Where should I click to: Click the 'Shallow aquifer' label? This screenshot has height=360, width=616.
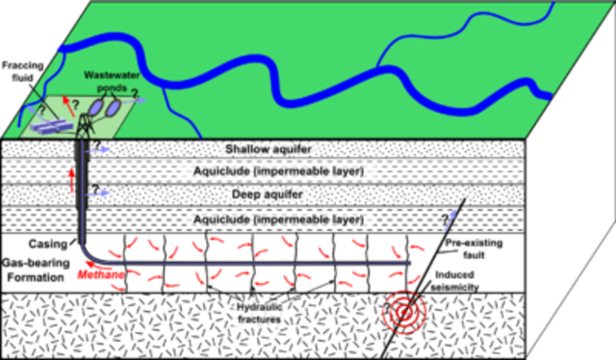269,149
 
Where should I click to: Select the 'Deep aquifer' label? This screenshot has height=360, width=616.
269,193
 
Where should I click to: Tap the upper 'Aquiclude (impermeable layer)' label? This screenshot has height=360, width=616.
277,170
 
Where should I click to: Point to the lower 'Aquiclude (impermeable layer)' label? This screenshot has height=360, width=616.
277,219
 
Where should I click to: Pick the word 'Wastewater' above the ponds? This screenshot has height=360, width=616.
112,73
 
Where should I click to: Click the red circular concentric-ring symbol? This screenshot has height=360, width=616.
402,311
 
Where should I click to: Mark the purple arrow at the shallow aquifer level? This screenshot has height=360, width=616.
98,149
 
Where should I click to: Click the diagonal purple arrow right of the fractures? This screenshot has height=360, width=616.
449,219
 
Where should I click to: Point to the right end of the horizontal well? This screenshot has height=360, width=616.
411,262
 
